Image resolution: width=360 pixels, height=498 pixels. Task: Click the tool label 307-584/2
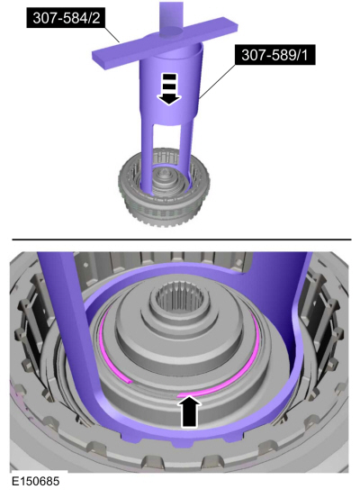tap(67, 18)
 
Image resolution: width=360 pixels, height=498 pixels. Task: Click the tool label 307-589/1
tap(274, 55)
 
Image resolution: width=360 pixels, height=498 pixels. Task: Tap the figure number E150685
tap(36, 481)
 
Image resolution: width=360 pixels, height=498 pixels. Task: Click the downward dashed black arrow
tap(169, 88)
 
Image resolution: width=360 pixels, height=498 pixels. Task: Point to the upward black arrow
tap(191, 411)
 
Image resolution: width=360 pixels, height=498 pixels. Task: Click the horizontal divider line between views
tap(182, 240)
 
